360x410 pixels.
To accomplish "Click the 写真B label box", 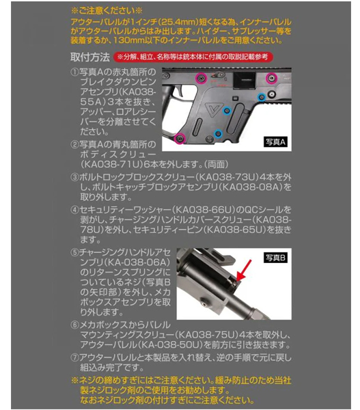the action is point(275,258).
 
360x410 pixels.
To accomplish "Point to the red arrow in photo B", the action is point(243,271).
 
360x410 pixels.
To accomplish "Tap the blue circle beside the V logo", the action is point(227,111).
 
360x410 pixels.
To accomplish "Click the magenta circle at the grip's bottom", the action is point(180,137).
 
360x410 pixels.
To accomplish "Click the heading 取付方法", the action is point(90,57).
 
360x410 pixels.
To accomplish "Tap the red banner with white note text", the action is point(193,57).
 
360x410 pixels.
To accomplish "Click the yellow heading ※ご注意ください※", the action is point(107,11).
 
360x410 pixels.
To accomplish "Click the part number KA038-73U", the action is point(227,177).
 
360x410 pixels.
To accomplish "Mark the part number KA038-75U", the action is point(207,335).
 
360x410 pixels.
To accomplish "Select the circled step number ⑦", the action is point(74,357).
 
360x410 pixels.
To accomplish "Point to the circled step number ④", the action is point(74,210).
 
